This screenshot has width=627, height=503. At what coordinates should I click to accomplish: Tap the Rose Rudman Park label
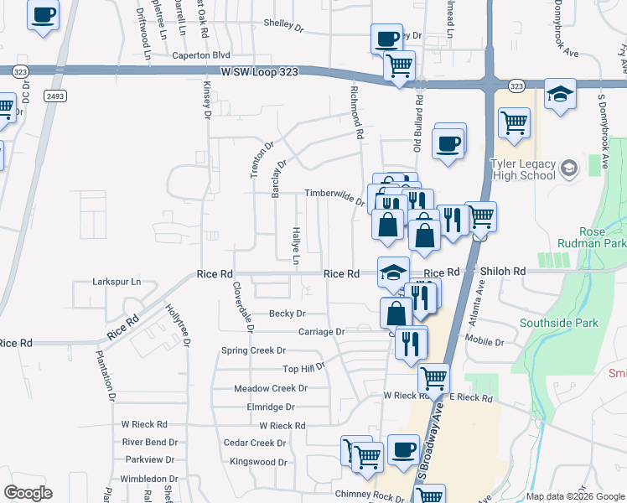click(x=603, y=237)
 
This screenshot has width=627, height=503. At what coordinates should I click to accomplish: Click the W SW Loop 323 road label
click(x=259, y=73)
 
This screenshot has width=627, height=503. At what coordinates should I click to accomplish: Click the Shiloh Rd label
click(x=503, y=272)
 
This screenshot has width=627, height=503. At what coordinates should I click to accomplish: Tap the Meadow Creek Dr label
click(x=271, y=388)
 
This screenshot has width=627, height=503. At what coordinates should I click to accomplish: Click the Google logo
click(x=27, y=492)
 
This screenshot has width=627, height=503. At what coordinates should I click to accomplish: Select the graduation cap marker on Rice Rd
click(x=393, y=271)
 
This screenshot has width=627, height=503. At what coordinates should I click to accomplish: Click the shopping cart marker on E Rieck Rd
click(x=433, y=378)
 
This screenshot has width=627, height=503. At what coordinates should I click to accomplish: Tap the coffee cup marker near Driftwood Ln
click(x=44, y=13)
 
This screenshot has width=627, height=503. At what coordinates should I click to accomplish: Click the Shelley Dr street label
click(x=283, y=25)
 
